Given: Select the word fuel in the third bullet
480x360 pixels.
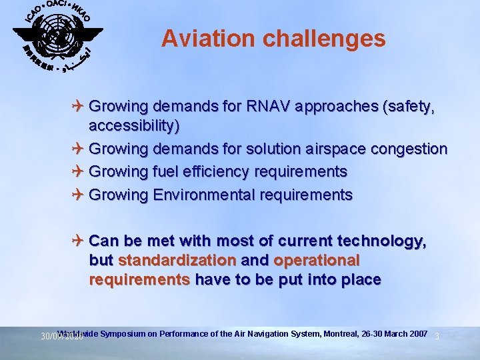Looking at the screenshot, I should pos(165,171).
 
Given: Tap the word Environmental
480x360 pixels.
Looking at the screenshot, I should pos(204,195).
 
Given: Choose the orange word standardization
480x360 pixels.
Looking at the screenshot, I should pos(177,259).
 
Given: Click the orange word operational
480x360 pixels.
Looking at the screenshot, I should pos(317,259).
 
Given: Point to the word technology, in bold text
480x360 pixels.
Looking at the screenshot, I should pos(379,240).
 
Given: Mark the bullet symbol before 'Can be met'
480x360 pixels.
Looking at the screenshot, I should pos(79,240).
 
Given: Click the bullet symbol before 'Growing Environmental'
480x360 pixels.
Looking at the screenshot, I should pos(79,195).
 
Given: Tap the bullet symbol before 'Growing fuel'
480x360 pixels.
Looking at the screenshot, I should pos(79,171).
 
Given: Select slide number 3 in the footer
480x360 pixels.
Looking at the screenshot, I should pos(437,336).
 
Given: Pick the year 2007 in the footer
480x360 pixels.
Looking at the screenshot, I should pos(417,333).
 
